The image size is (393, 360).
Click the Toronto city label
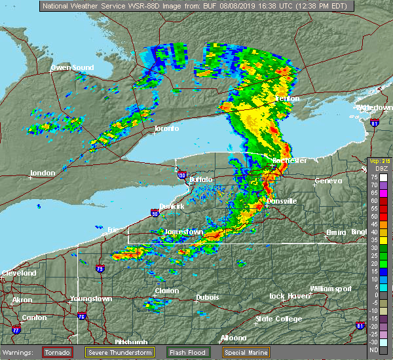tap(166, 128)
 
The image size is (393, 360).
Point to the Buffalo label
tap(200, 179)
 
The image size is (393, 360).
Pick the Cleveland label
tap(18, 272)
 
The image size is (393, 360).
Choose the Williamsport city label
tap(331, 289)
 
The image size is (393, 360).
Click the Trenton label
tap(286, 99)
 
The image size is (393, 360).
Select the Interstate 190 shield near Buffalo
tap(181, 175)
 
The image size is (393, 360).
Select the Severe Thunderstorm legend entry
tap(120, 351)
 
